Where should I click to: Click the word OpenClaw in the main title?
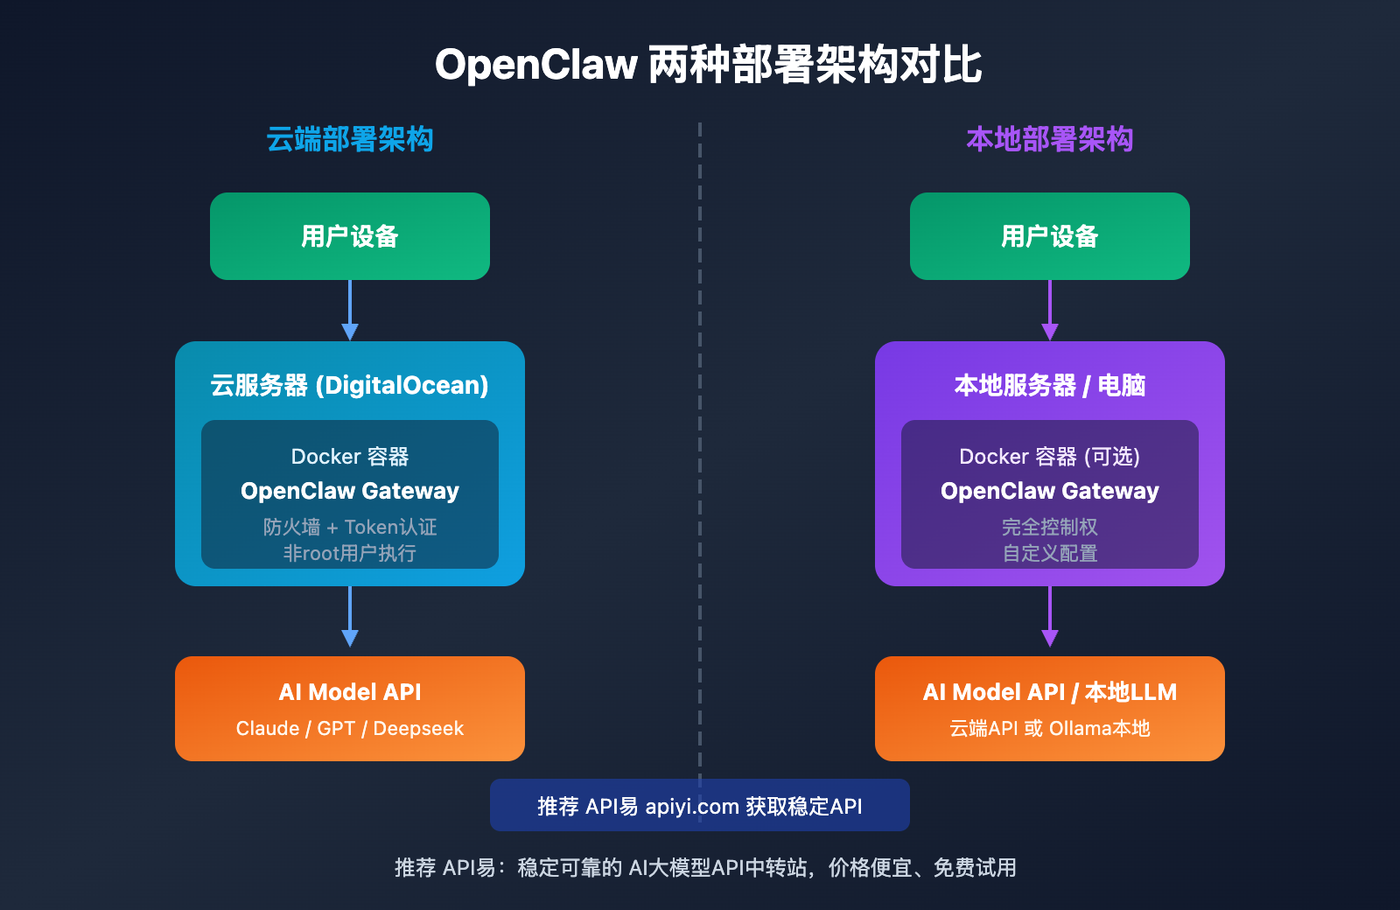coord(535,65)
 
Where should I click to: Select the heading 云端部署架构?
coord(350,139)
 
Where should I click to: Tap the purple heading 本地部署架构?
coord(1049,139)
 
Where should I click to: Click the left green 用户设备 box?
coord(350,236)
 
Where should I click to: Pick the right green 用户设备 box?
coord(1049,236)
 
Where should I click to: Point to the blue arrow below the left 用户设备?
coord(350,311)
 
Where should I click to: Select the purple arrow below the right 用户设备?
coord(1050,311)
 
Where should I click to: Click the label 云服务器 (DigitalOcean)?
coord(350,385)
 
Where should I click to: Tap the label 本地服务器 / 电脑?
coord(1049,385)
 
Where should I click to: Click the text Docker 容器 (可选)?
coord(1049,456)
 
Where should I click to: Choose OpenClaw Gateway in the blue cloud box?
coord(350,491)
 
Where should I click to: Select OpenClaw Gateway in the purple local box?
coord(1049,491)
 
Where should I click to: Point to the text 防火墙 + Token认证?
coord(350,527)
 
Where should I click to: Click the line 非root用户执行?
coord(350,553)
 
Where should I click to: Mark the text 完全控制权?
coord(1049,527)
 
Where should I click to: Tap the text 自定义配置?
coord(1049,553)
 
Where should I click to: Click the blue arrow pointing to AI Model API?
coord(350,618)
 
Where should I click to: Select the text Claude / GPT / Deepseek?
coord(350,728)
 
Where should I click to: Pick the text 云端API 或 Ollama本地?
coord(1049,728)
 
